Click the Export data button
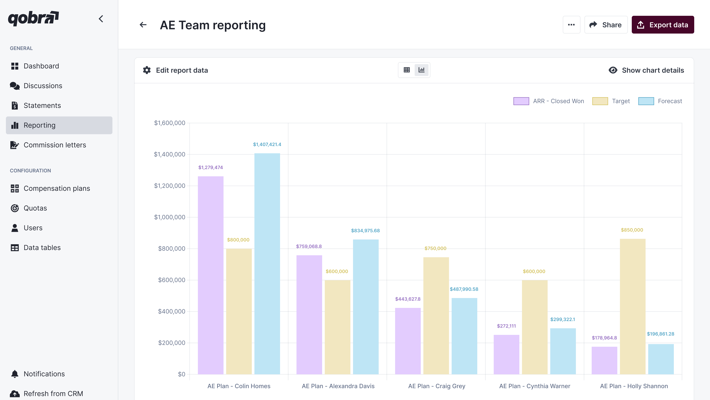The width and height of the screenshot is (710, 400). click(663, 25)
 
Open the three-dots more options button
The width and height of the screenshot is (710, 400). click(571, 25)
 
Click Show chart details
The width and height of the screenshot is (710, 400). click(646, 70)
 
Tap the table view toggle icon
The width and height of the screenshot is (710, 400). click(406, 70)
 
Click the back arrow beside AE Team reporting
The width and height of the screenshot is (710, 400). click(143, 25)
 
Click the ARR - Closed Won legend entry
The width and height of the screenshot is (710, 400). click(548, 101)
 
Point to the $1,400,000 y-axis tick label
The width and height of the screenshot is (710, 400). click(170, 154)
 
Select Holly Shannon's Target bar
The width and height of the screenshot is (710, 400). click(633, 306)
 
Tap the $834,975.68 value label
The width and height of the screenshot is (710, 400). click(365, 231)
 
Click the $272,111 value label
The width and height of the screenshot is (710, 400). click(506, 326)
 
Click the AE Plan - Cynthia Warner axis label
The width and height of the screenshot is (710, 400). click(534, 386)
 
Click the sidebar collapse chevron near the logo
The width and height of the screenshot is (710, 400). click(101, 19)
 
